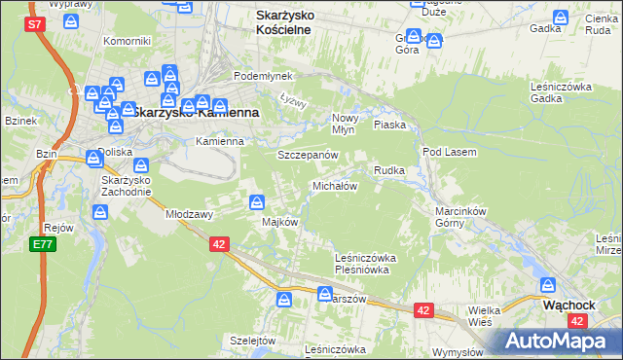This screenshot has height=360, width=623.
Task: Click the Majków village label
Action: point(279,221)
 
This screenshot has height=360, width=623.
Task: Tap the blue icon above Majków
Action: point(256,202)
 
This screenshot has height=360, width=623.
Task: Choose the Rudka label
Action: point(388,170)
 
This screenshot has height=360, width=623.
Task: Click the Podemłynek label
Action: point(256,76)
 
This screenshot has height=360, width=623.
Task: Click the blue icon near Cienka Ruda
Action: point(561,18)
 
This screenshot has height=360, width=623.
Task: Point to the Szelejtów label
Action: point(253,340)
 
